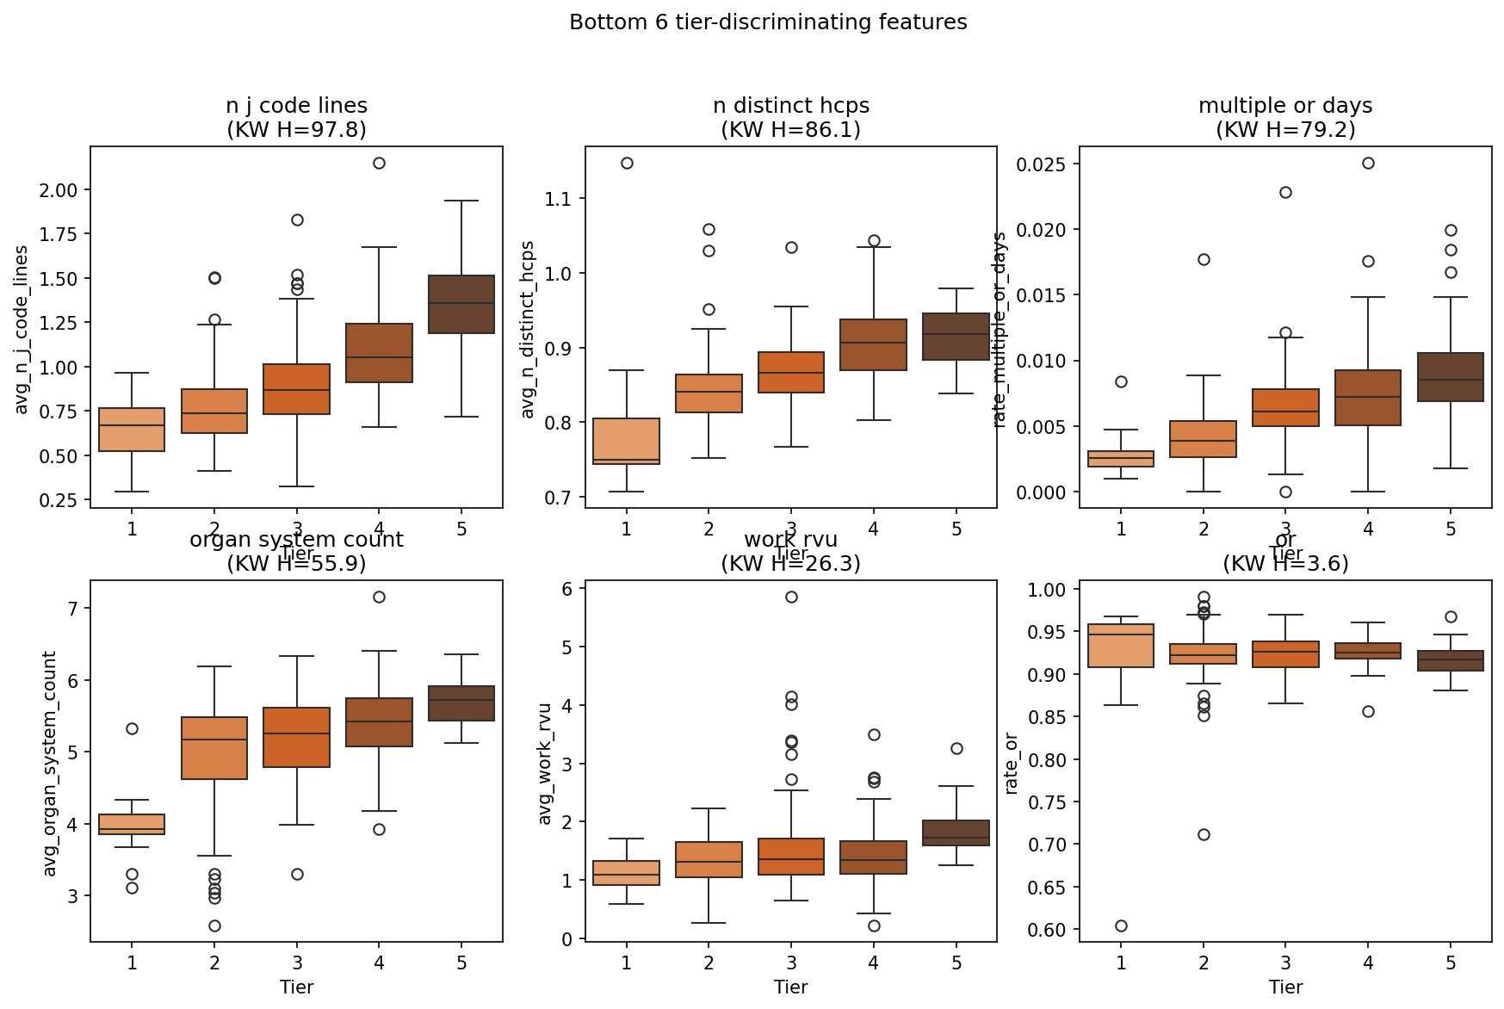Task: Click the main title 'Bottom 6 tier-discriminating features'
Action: click(x=768, y=22)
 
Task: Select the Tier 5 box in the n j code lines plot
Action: click(x=461, y=304)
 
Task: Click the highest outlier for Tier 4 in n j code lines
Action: click(x=379, y=163)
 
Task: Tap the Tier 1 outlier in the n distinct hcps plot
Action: click(x=627, y=163)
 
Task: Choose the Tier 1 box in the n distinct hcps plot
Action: click(x=627, y=441)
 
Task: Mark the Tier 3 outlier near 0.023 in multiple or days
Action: click(x=1285, y=192)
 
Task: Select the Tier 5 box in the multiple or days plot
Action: click(x=1451, y=377)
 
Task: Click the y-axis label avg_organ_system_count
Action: click(x=50, y=764)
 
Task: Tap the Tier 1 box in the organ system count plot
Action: click(x=132, y=824)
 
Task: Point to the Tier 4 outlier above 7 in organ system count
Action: click(x=379, y=597)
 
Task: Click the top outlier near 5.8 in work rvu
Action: click(x=791, y=597)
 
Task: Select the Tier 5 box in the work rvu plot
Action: click(x=956, y=833)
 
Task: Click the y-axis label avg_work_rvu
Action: click(x=544, y=764)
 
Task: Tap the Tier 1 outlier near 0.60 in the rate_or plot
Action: click(x=1121, y=925)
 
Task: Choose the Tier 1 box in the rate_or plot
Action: click(x=1121, y=646)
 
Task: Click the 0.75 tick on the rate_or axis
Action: click(x=1049, y=802)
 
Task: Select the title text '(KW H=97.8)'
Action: click(x=296, y=129)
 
